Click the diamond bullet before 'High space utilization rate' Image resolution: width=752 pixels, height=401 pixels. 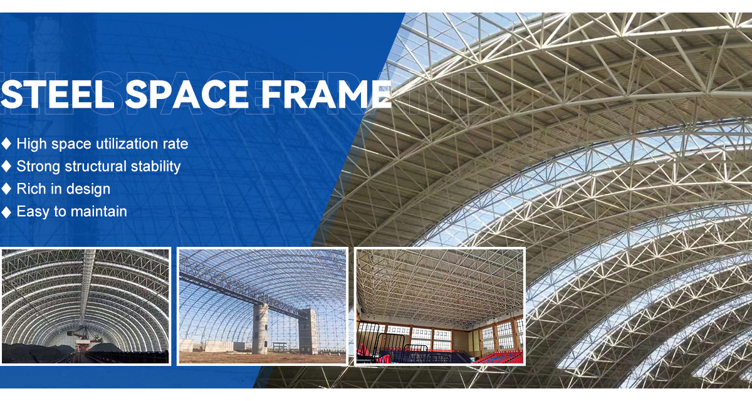point(6,143)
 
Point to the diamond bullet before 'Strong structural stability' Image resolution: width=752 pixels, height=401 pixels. point(6,166)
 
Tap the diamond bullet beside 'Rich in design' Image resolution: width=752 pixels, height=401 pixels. point(6,189)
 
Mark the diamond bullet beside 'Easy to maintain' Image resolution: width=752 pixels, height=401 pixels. point(6,211)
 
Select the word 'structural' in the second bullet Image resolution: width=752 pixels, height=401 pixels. point(96,166)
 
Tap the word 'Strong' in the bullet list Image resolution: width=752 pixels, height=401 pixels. point(38,167)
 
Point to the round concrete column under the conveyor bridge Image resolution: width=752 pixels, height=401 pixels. point(261,329)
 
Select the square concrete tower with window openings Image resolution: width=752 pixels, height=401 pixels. point(307,331)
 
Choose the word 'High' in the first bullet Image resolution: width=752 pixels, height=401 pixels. point(31,144)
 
